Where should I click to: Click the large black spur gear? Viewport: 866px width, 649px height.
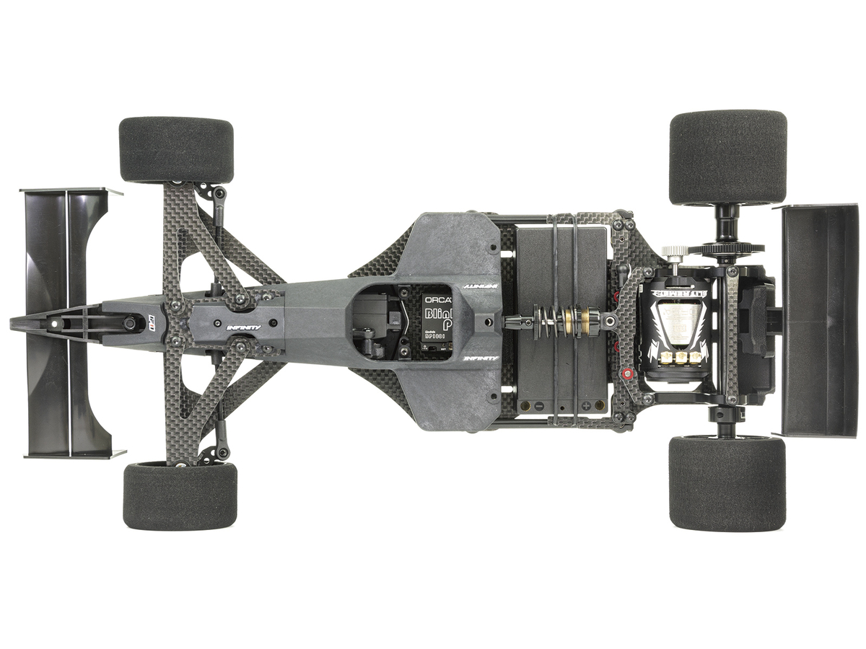coord(725,250)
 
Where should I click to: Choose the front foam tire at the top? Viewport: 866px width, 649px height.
coord(176,150)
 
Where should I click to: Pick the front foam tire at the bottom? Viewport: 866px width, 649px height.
coord(180,496)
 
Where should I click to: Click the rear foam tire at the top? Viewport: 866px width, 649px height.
coord(727,157)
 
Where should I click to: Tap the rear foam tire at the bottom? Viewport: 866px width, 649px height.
coord(727,483)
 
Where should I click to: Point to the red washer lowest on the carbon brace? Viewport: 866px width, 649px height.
coord(626,374)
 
